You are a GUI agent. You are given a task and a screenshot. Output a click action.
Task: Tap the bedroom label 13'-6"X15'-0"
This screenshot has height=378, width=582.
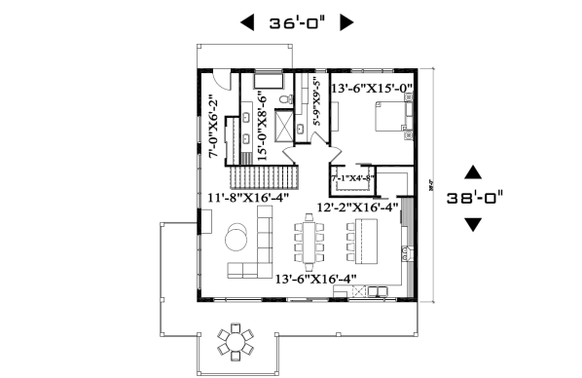372,89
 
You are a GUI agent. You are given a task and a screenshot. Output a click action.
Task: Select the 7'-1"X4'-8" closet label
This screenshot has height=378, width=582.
352,179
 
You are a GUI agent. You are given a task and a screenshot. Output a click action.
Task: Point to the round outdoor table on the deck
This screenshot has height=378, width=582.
235,341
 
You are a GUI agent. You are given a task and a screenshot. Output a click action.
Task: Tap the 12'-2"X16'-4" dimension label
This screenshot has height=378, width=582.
358,207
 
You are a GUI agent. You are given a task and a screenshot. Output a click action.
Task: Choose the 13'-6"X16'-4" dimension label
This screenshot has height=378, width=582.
314,280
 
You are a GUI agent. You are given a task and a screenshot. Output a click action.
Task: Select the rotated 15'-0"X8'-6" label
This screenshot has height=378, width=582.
261,124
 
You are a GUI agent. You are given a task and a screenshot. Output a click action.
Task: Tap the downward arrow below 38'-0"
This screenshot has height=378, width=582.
473,224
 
